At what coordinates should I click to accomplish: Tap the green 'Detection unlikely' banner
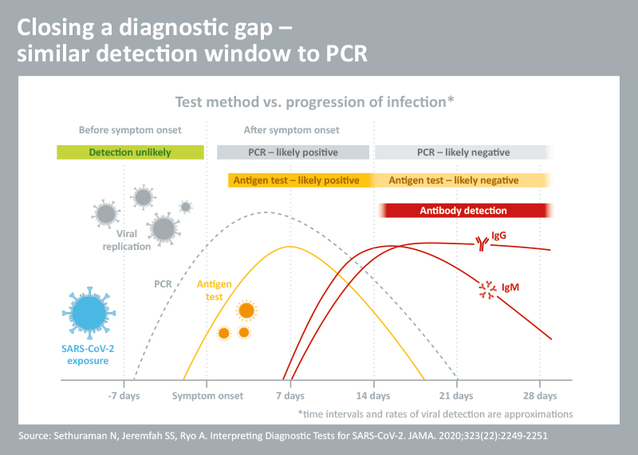pos(130,152)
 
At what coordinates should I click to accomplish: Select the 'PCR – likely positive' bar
pos(293,152)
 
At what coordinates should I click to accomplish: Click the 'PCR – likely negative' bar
pos(463,152)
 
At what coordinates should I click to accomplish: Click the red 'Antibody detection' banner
pos(463,211)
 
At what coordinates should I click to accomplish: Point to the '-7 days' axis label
pos(124,396)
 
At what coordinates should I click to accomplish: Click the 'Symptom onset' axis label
pos(207,396)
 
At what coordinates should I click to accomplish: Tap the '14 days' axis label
pos(373,396)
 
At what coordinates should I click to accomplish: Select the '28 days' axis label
pos(541,396)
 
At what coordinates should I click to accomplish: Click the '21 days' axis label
pos(457,396)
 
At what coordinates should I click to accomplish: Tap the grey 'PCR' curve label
pos(163,283)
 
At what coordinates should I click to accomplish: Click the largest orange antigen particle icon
pos(246,310)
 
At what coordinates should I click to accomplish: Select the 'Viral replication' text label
pos(133,240)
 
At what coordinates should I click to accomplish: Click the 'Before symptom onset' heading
pos(130,130)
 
